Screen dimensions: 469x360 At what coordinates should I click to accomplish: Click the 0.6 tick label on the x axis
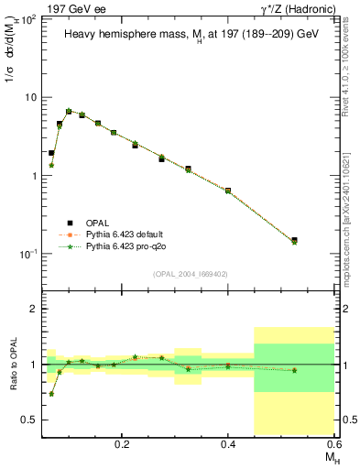(x=334, y=442)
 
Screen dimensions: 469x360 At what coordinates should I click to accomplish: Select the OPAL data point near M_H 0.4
(x=228, y=191)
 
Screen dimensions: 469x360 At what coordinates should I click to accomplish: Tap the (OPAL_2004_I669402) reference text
(x=189, y=273)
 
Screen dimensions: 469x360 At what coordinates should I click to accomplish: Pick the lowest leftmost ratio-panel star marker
(x=51, y=394)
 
